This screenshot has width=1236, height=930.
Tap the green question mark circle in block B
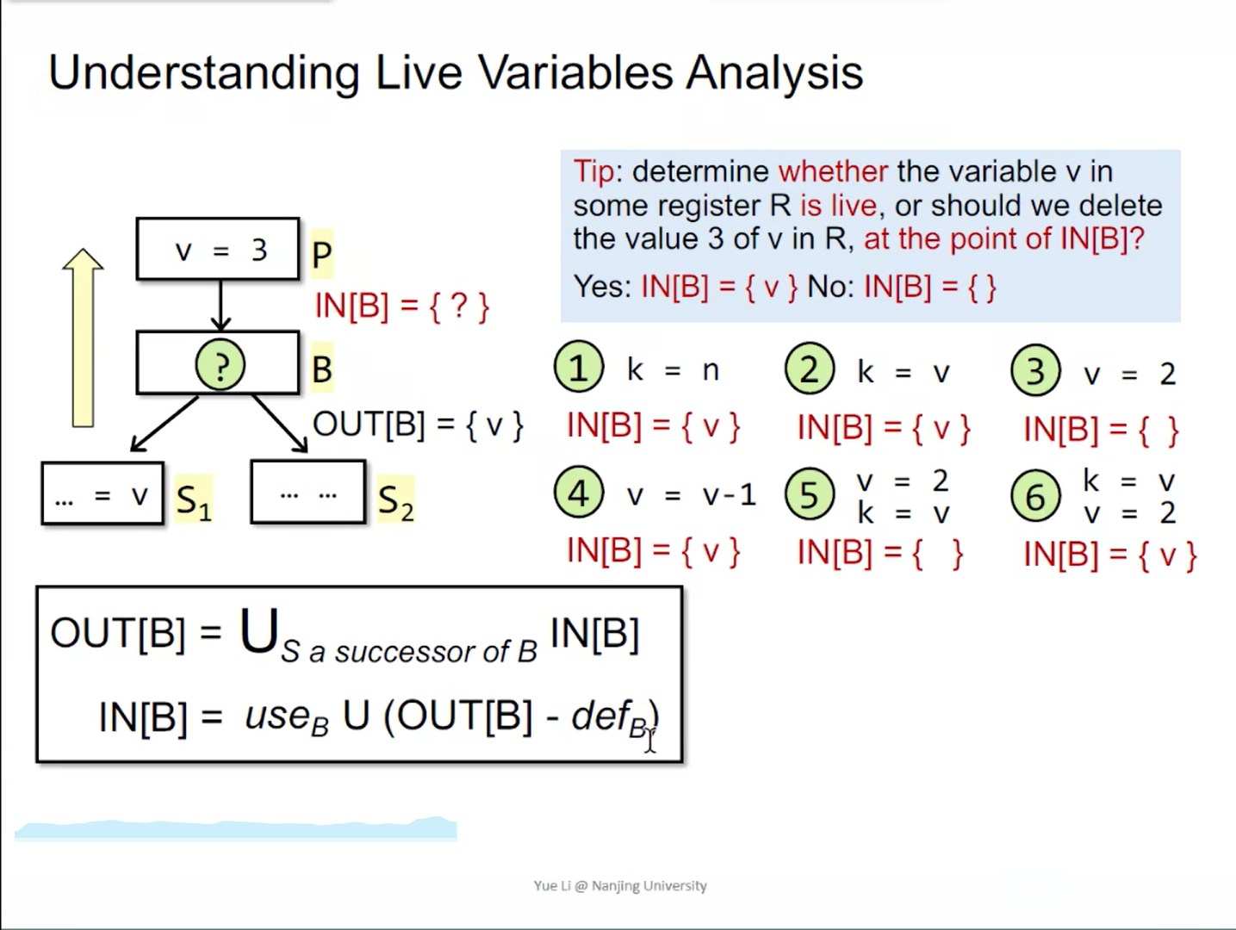[x=220, y=365]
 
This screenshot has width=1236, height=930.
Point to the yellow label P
[x=322, y=254]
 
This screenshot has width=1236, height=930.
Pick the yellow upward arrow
[x=83, y=338]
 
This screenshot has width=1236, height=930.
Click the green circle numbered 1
[x=578, y=367]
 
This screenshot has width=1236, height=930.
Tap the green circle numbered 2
[x=809, y=369]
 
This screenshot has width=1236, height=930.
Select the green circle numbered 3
[x=1035, y=370]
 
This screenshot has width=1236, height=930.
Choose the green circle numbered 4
[x=578, y=492]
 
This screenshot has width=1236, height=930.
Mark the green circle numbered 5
[x=809, y=493]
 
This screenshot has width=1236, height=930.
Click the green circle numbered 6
[x=1035, y=495]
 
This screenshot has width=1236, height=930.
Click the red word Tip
[x=594, y=171]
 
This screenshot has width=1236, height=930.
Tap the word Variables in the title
[x=575, y=72]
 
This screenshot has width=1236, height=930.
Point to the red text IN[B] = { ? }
[x=402, y=307]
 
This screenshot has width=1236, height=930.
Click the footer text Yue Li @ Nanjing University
[x=620, y=885]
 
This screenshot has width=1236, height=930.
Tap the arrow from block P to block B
[x=220, y=305]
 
